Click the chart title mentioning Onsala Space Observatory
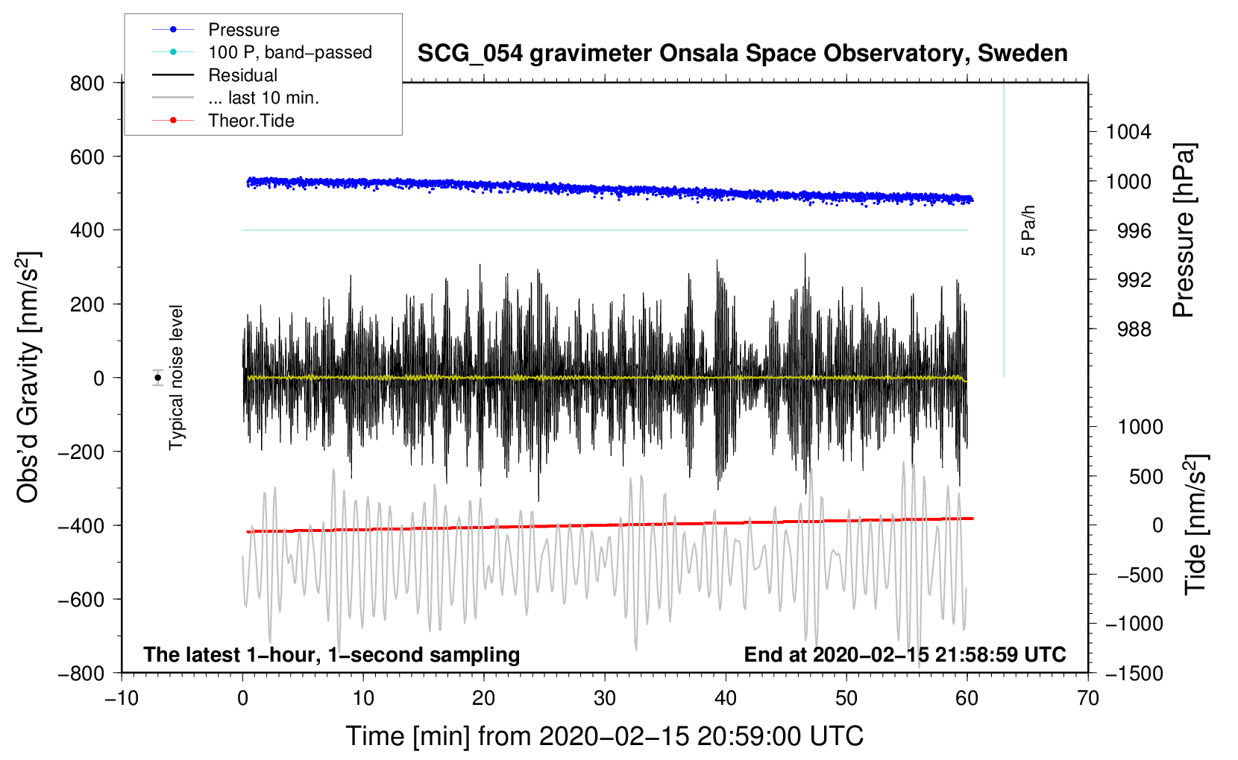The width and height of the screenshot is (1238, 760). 742,54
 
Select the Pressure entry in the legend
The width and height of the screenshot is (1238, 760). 243,30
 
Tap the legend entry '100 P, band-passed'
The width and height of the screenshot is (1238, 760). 289,52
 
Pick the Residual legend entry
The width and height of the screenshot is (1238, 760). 242,75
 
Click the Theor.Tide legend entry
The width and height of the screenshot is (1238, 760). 251,121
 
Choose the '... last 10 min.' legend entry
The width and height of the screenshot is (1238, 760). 263,98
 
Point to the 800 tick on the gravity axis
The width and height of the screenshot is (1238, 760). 87,83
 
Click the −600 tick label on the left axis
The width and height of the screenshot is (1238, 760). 81,599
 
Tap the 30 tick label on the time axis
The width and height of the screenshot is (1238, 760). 605,698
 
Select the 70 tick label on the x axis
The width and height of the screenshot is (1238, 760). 1088,698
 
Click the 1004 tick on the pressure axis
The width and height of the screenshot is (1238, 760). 1128,132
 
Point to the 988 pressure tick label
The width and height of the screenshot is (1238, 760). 1134,329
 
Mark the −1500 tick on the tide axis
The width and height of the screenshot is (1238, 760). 1134,673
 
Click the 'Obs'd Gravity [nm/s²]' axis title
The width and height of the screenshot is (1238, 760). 28,377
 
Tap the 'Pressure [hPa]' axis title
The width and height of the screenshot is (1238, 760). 1184,230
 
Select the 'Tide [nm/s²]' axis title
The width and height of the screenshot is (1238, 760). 1195,523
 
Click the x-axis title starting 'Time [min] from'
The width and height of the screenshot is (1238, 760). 604,736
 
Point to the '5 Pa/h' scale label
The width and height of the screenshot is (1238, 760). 1028,231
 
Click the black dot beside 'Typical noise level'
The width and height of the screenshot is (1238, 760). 158,378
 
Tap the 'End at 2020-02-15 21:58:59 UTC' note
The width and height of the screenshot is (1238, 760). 905,654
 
